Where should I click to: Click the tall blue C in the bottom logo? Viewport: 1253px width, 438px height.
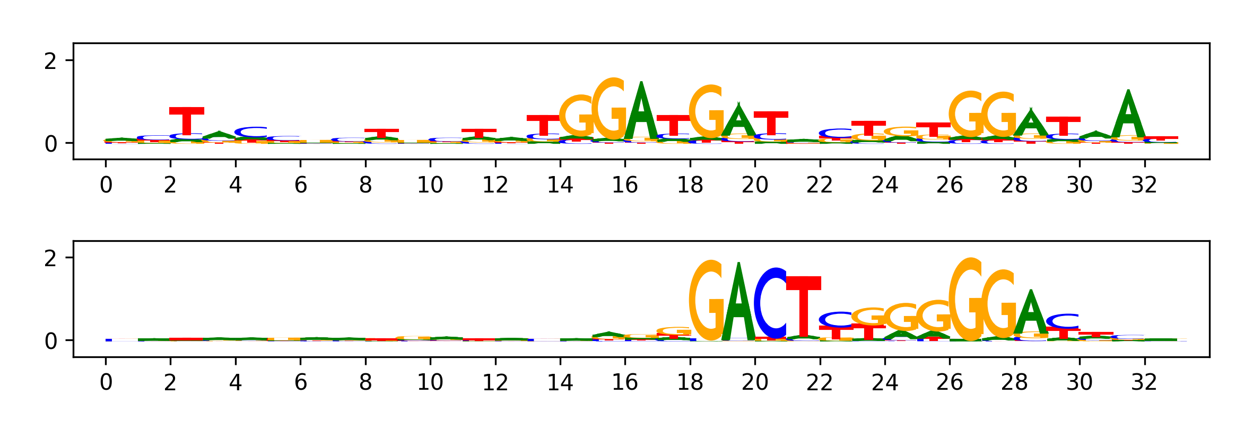770,303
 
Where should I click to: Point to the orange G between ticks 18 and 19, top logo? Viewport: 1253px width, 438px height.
706,111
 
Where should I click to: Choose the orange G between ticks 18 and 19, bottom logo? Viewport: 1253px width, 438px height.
706,300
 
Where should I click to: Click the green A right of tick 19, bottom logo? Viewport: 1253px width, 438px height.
738,302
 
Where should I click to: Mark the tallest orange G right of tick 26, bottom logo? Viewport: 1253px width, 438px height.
965,299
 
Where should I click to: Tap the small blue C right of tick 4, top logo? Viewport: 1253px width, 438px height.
251,132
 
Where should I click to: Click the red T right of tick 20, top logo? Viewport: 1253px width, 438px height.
771,123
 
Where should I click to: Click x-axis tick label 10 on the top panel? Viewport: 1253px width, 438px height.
430,185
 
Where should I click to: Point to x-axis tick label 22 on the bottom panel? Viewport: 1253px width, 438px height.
820,382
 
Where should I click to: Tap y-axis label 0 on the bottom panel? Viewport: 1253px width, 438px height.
50,341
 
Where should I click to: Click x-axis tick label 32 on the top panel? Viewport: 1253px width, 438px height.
1144,185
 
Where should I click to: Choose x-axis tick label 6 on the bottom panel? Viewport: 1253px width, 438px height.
300,382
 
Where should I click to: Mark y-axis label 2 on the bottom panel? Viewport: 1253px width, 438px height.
50,259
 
